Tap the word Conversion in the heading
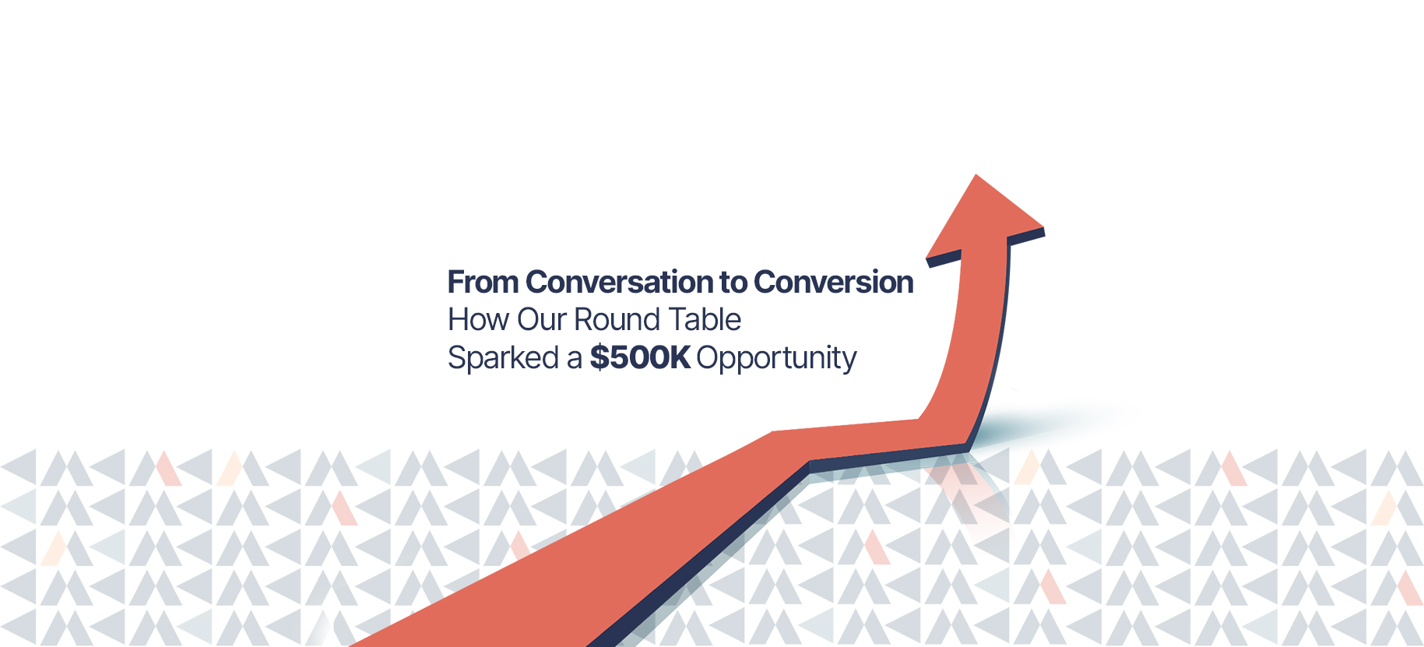coord(833,282)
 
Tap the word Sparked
coord(503,358)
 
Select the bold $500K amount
coord(640,357)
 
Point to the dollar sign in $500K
coord(599,357)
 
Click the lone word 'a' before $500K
coord(575,360)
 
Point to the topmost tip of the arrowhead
coord(976,174)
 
